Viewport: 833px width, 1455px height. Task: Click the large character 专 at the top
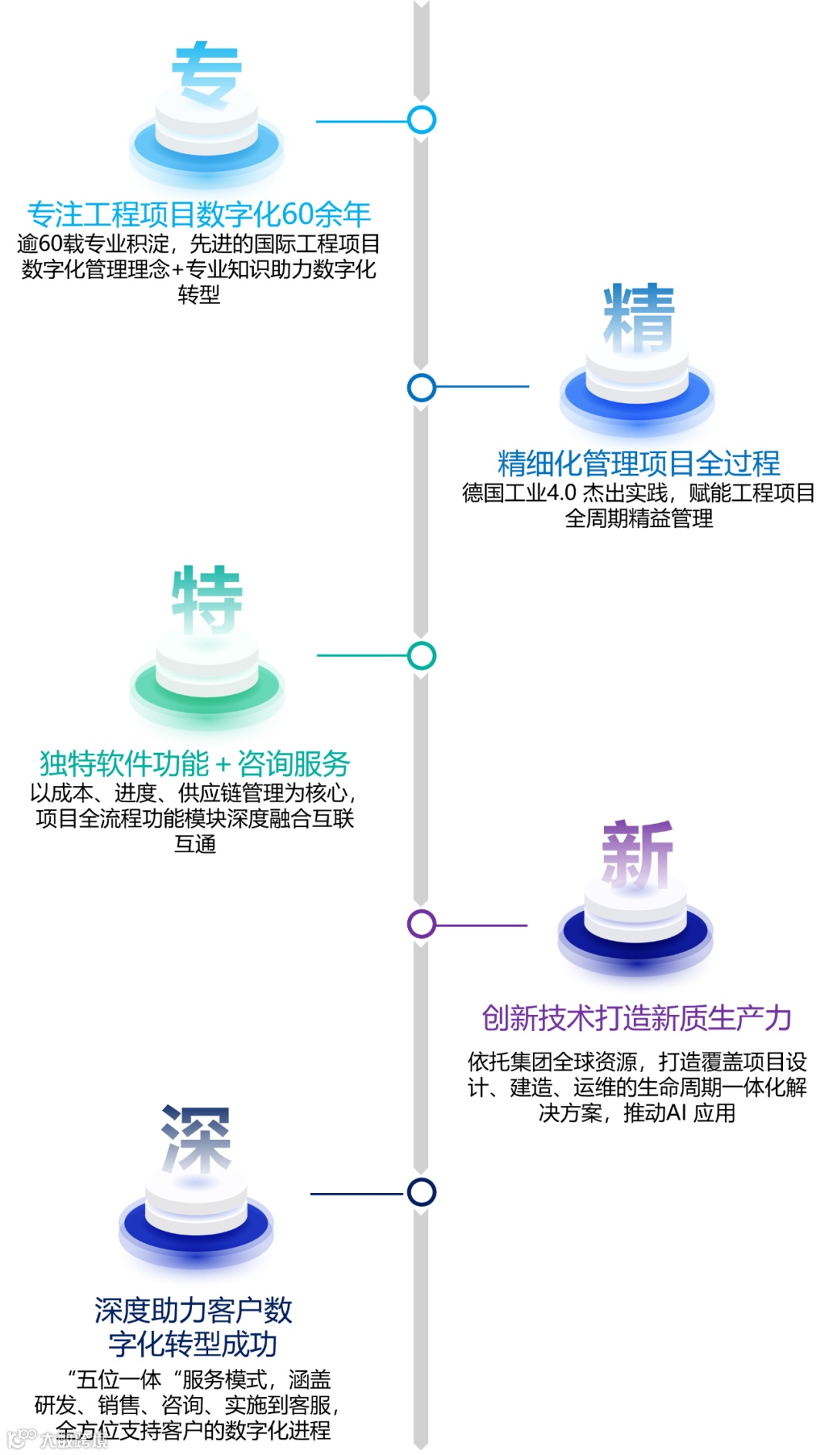pyautogui.click(x=207, y=73)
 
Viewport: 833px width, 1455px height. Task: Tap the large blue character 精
pyautogui.click(x=639, y=318)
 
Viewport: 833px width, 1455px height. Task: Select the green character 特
pyautogui.click(x=207, y=600)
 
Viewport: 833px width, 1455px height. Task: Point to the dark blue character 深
pyautogui.click(x=197, y=1138)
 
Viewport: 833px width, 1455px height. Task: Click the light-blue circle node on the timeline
pyautogui.click(x=421, y=119)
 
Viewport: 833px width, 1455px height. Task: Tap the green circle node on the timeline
pyautogui.click(x=421, y=656)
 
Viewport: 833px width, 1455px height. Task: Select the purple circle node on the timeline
pyautogui.click(x=421, y=924)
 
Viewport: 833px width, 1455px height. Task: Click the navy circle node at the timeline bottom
pyautogui.click(x=421, y=1192)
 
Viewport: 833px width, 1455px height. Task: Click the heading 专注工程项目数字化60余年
pyautogui.click(x=199, y=214)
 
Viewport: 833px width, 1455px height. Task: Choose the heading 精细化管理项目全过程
pyautogui.click(x=639, y=463)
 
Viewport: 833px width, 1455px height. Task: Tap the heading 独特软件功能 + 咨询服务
pyautogui.click(x=195, y=764)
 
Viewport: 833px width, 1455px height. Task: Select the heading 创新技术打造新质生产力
pyautogui.click(x=637, y=1018)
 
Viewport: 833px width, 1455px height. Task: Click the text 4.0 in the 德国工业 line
pyautogui.click(x=561, y=493)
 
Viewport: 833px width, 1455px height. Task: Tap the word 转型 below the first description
pyautogui.click(x=199, y=295)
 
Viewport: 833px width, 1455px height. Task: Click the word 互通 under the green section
pyautogui.click(x=195, y=845)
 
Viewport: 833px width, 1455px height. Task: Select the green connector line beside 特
pyautogui.click(x=363, y=656)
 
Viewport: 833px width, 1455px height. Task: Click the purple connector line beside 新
pyautogui.click(x=481, y=925)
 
